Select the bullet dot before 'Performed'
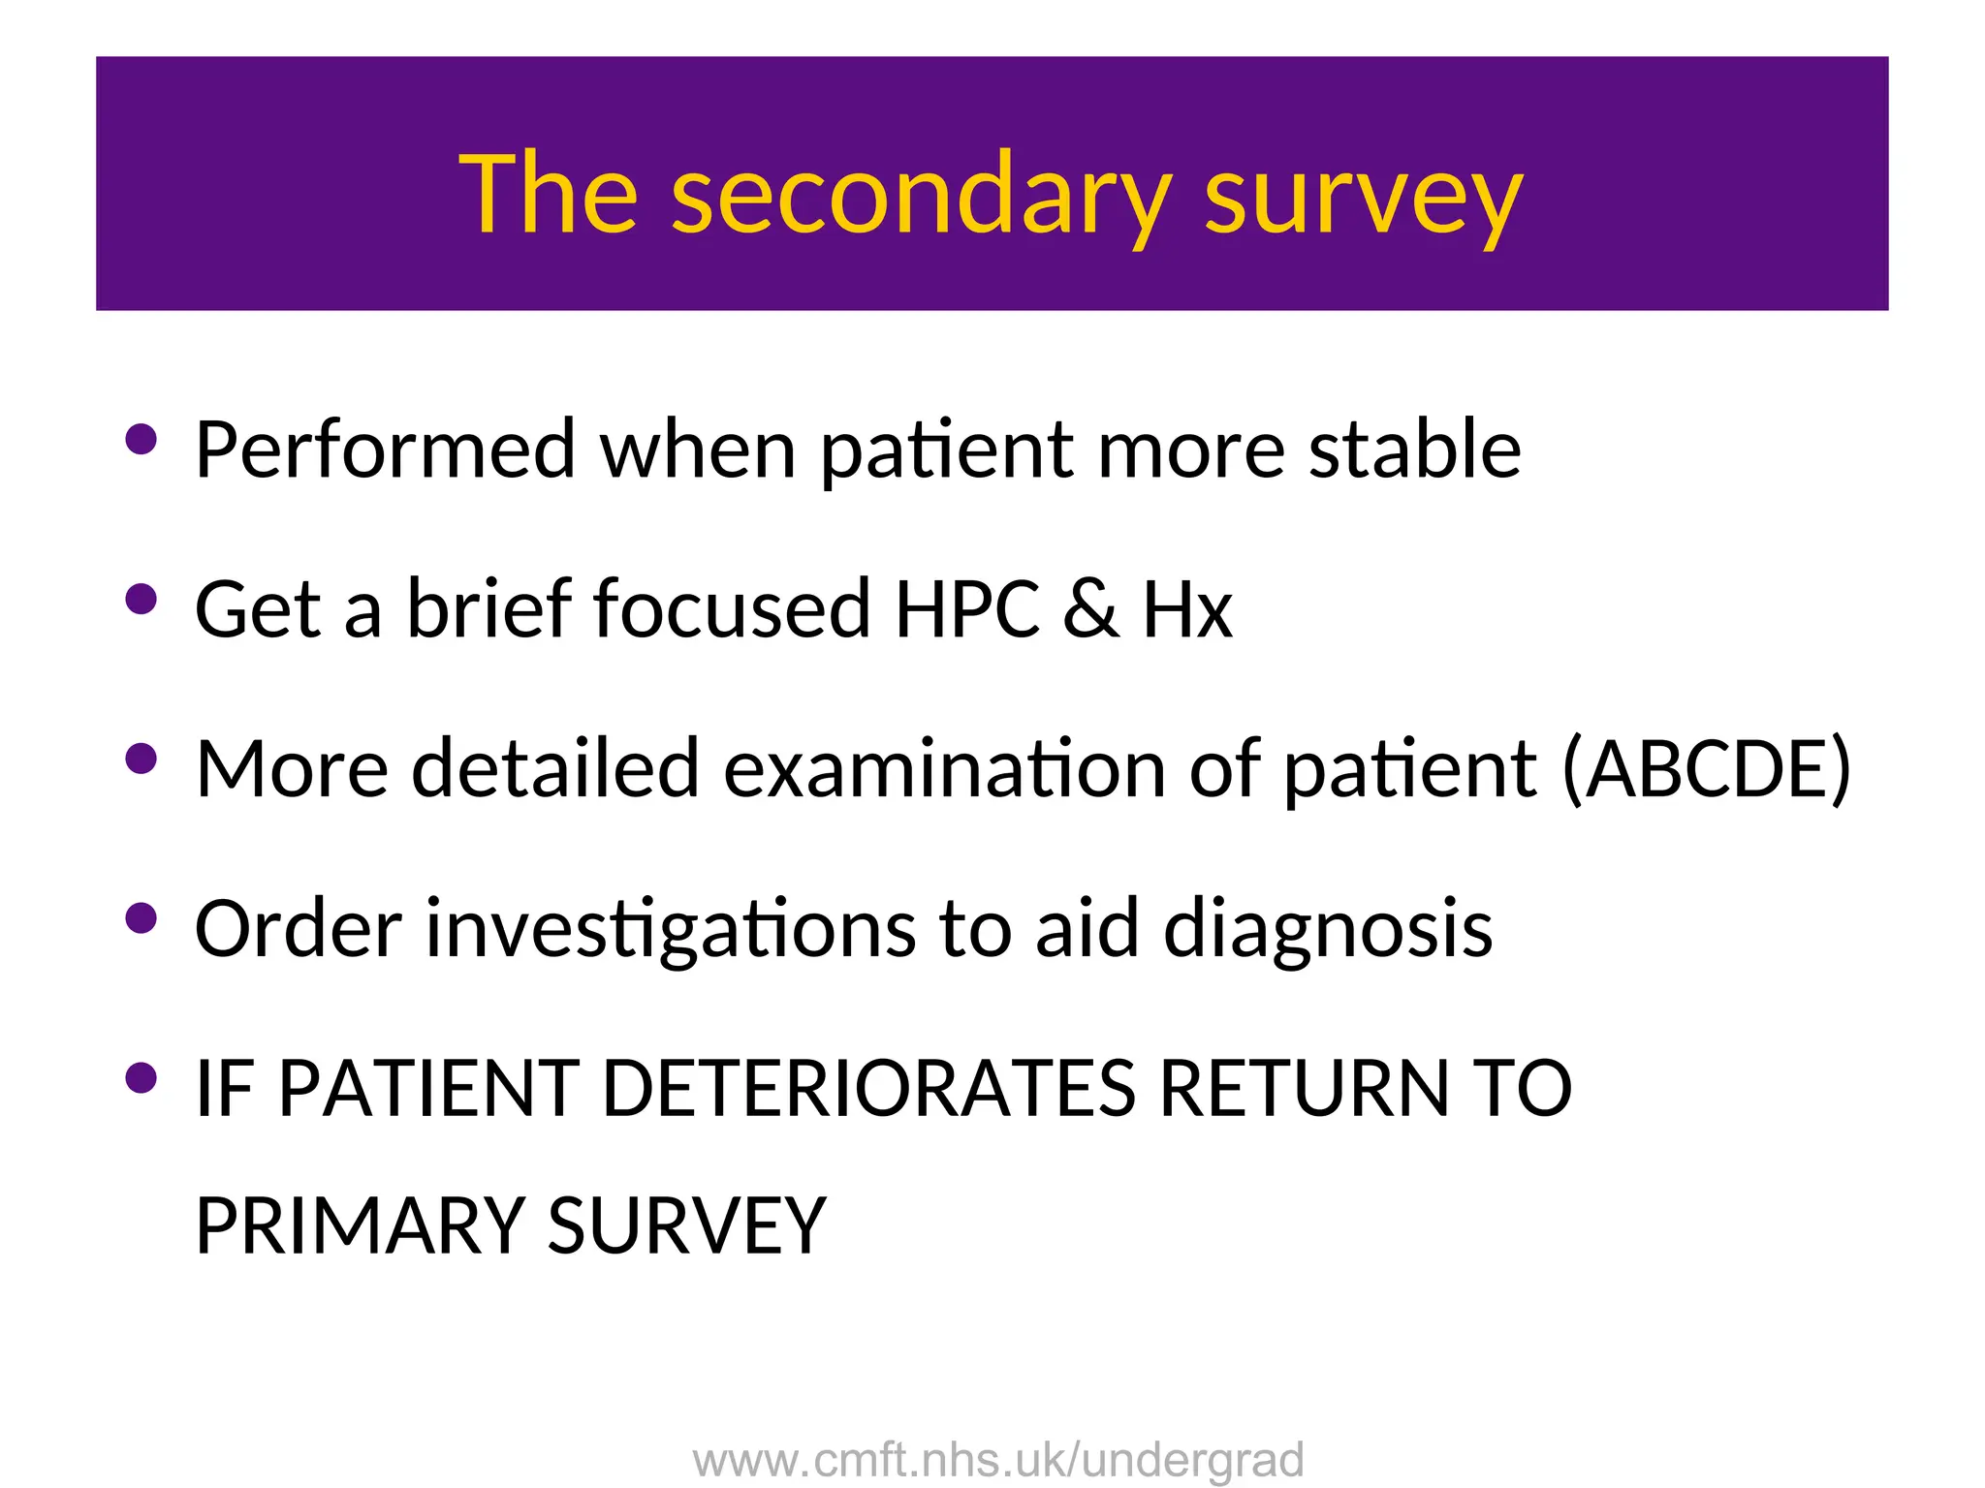(142, 439)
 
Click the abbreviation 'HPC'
(966, 609)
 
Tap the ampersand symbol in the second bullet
(1090, 609)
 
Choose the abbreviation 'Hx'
(1187, 609)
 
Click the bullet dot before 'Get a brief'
(142, 599)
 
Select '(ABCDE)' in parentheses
(1706, 769)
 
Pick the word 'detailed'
(554, 769)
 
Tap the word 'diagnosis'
(1327, 930)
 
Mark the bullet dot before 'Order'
(142, 918)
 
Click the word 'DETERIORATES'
(868, 1089)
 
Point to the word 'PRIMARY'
(360, 1226)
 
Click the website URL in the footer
(998, 1460)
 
